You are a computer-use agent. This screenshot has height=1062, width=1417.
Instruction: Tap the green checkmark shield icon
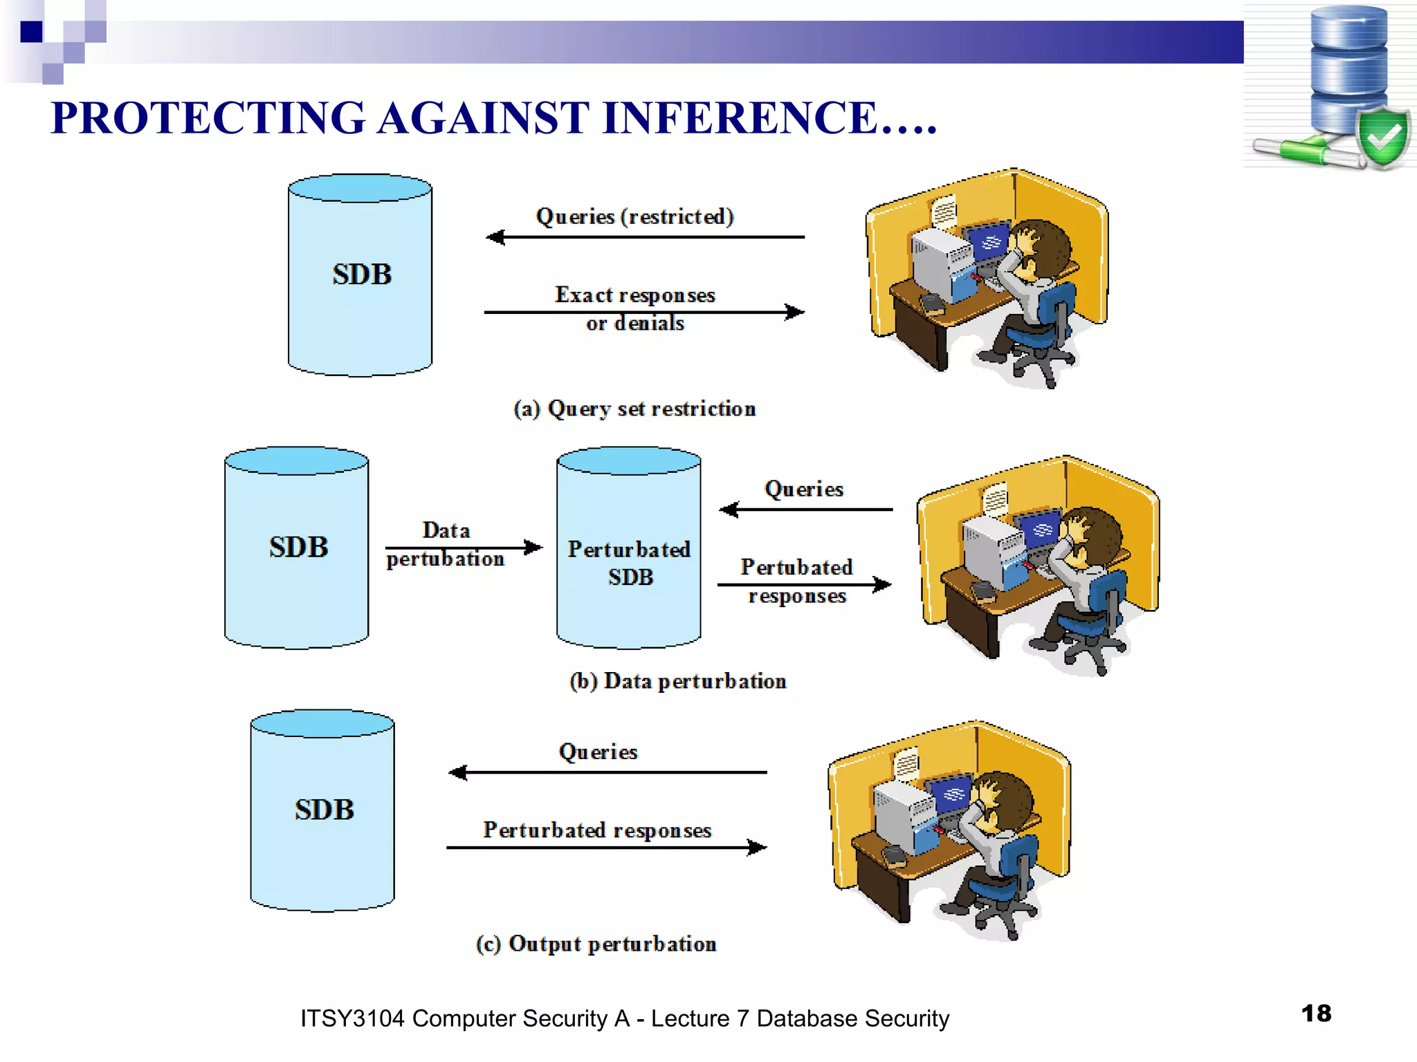1382,137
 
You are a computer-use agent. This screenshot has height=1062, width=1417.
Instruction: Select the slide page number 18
1316,1013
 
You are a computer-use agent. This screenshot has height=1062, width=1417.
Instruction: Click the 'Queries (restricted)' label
634,216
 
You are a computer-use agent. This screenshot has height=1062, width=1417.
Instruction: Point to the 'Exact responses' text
634,295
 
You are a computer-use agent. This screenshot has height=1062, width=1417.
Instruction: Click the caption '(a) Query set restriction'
634,409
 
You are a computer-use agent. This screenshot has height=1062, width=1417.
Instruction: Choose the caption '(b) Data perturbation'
677,681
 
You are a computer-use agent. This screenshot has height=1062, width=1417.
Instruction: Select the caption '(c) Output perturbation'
596,944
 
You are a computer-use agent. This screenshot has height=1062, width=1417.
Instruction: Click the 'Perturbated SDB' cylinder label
629,563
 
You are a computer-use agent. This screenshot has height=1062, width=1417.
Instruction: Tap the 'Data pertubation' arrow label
446,544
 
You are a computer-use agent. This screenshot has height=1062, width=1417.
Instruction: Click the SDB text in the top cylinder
362,274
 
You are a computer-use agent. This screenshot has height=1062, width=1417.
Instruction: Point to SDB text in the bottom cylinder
324,810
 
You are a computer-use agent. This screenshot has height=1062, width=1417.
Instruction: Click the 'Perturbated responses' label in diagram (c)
597,830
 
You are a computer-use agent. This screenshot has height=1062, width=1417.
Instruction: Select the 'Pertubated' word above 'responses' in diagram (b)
796,567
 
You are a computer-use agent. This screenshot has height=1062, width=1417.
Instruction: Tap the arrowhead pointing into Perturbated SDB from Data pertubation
534,548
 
